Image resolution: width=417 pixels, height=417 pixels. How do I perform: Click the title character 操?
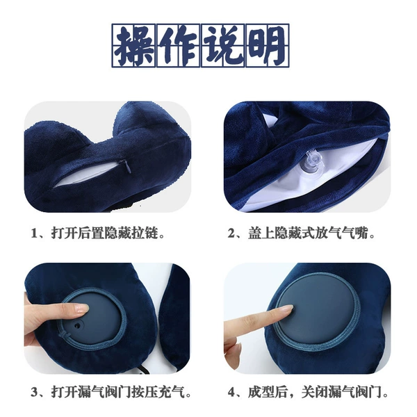coord(134,45)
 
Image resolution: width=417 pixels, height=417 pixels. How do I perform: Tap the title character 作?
coord(179,45)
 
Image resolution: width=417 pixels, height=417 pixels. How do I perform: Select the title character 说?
coord(223,45)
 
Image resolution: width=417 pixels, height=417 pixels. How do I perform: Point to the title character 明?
coord(268,45)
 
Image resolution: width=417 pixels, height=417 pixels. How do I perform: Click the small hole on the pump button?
coord(78,325)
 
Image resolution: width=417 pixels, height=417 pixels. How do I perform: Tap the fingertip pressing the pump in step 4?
coord(288,309)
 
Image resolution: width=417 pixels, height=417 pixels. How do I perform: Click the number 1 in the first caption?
coord(35,234)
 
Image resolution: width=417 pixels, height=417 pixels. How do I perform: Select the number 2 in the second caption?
coord(231,234)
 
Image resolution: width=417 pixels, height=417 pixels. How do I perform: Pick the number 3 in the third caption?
coord(35,392)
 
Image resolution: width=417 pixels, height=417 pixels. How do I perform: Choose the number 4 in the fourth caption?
coord(231,392)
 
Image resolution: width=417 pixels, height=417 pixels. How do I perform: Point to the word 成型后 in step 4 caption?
coord(268,392)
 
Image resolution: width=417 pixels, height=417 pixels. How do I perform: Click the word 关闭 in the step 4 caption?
coord(315,392)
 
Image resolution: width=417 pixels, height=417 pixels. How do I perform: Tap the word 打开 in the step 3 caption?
coord(65,392)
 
